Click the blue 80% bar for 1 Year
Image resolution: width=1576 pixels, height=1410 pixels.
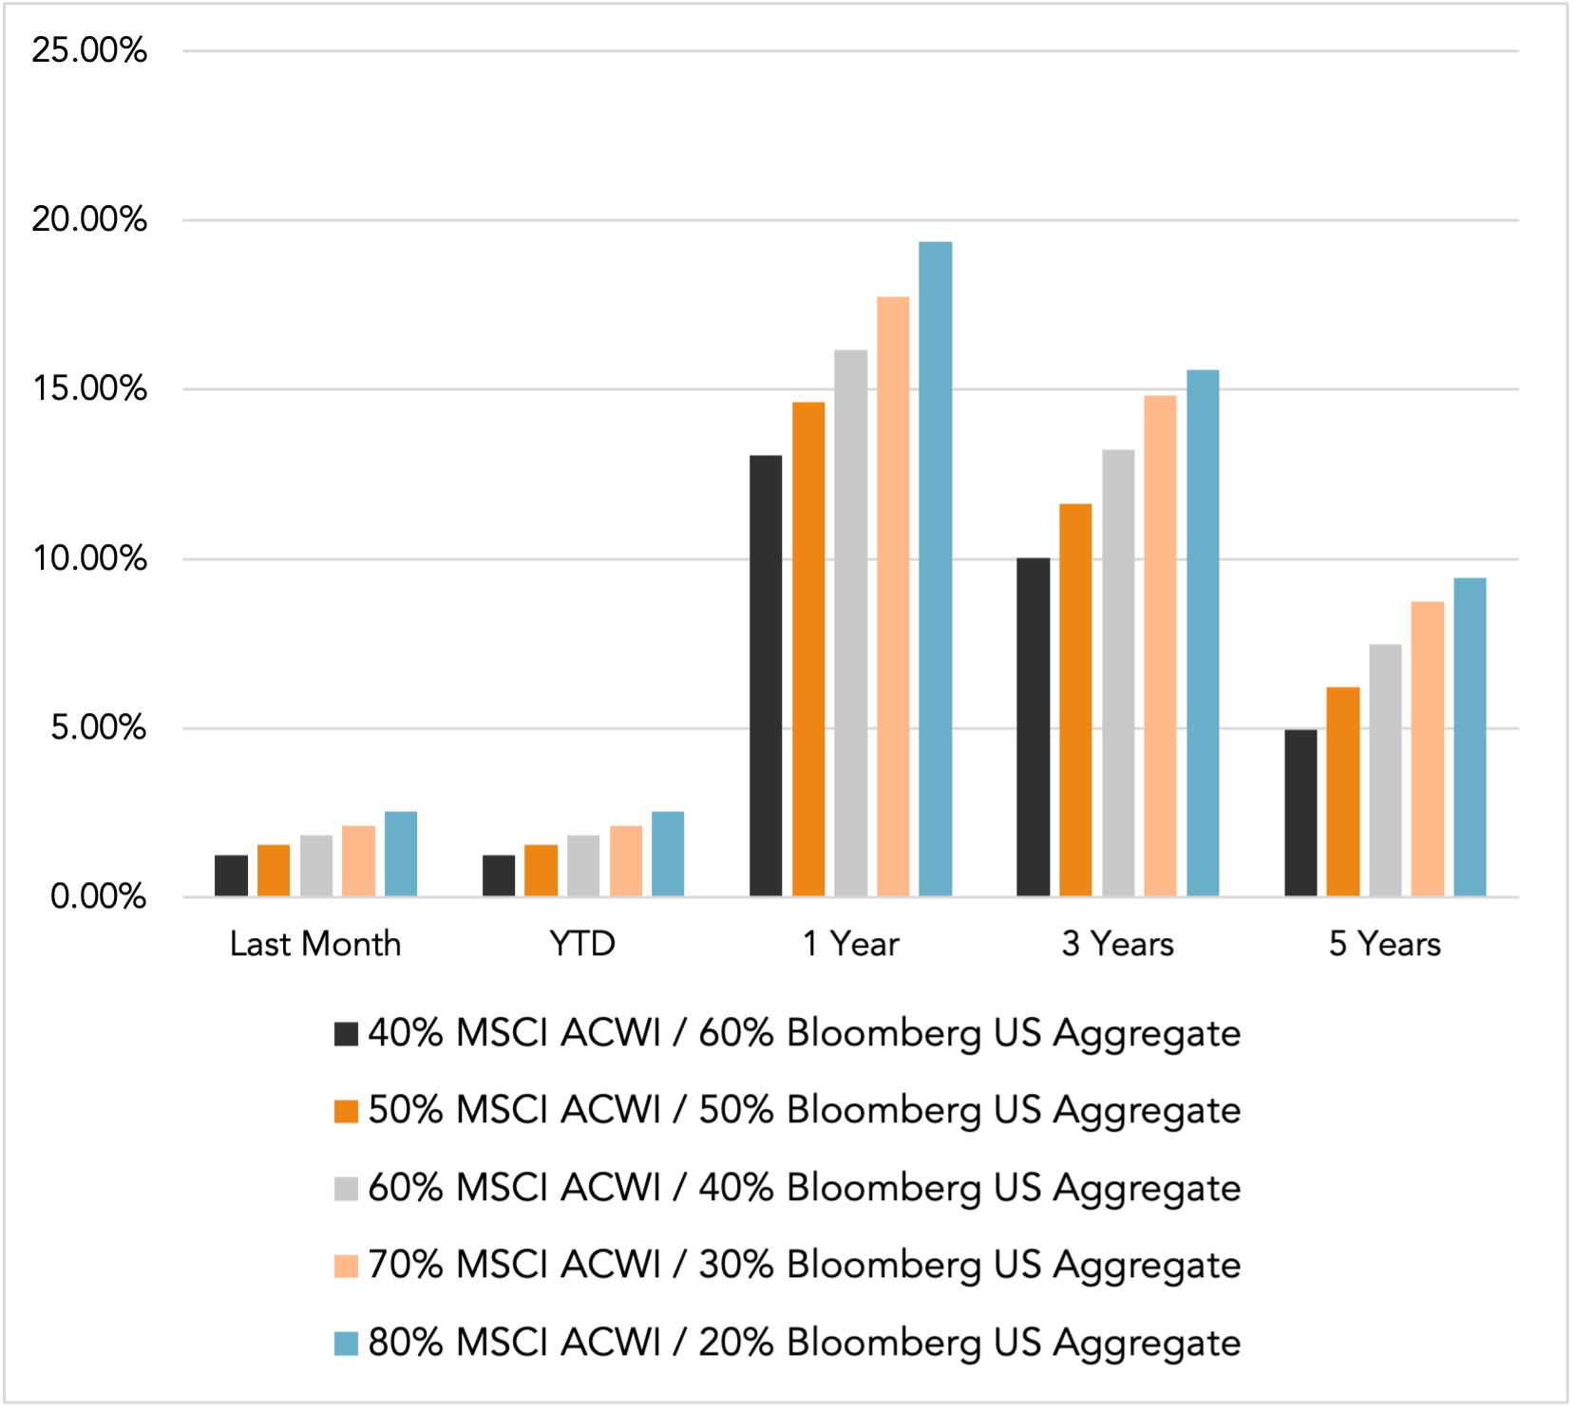click(935, 570)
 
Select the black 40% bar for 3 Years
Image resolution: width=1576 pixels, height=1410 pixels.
click(1033, 727)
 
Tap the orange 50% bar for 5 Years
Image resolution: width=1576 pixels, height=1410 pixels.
click(1342, 792)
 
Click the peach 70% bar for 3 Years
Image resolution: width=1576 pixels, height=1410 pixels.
click(1160, 646)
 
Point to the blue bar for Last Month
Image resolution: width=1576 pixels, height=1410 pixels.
click(401, 855)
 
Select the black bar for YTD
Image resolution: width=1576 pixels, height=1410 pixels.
click(499, 875)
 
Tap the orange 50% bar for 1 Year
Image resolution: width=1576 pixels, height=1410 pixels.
click(808, 649)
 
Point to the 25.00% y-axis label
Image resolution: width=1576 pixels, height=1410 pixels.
click(89, 50)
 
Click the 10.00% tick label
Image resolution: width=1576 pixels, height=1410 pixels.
click(89, 558)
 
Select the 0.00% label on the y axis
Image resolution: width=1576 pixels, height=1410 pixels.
click(98, 896)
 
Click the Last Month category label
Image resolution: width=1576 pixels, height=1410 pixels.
click(315, 944)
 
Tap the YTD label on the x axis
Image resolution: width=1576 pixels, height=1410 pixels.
click(582, 944)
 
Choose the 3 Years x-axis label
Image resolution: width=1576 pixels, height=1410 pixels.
click(1117, 944)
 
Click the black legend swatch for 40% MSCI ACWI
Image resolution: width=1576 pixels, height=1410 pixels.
click(346, 1033)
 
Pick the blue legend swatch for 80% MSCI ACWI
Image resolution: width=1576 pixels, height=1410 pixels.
click(346, 1344)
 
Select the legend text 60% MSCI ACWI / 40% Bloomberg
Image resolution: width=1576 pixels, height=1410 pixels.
click(804, 1188)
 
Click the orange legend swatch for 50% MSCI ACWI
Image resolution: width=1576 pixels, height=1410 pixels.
click(346, 1111)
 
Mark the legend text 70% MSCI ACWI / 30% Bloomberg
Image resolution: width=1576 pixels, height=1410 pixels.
click(804, 1266)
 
